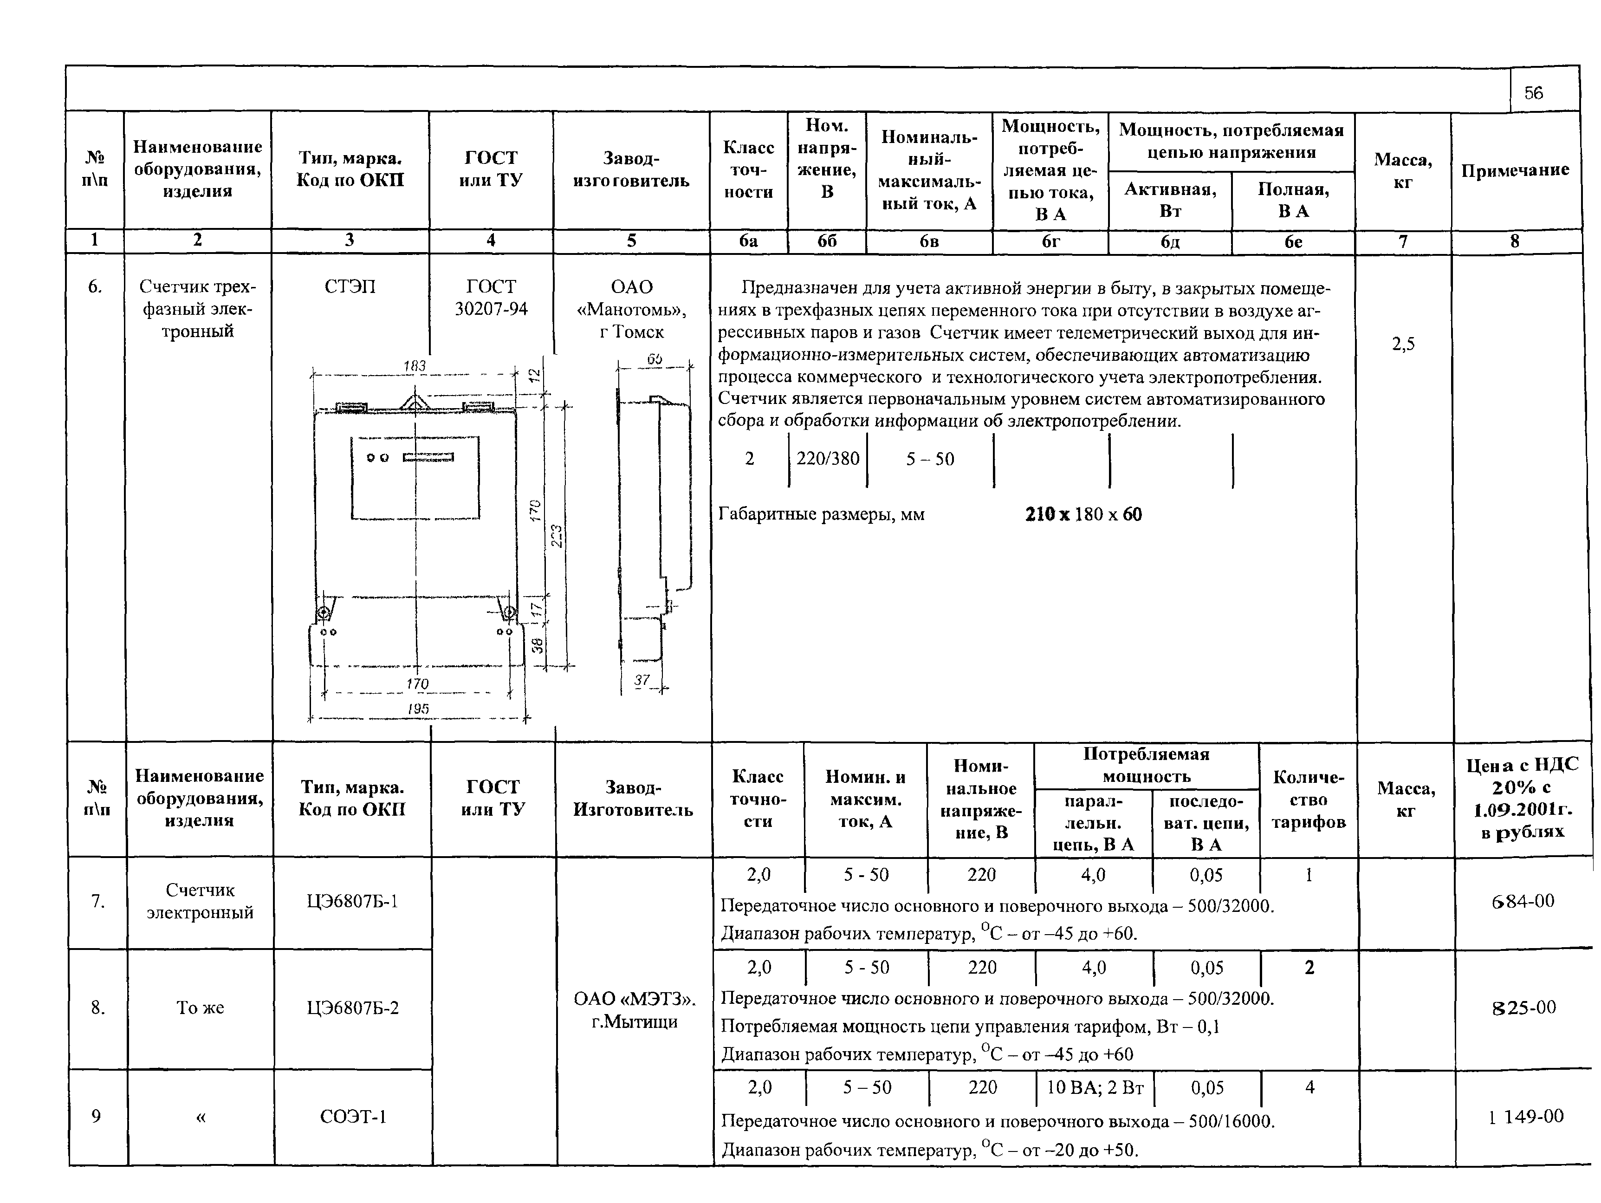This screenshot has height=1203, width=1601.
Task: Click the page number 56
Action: coord(1533,93)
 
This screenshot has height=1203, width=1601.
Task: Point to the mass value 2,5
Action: coord(1403,345)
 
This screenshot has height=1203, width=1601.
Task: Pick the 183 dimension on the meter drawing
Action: coord(414,366)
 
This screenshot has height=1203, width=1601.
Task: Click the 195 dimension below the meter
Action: coord(418,709)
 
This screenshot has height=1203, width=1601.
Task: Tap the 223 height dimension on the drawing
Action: coord(557,536)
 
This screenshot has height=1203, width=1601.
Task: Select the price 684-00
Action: coord(1523,901)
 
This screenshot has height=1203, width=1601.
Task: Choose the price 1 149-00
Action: coord(1526,1116)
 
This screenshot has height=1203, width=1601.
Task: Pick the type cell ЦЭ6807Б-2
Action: coord(352,1008)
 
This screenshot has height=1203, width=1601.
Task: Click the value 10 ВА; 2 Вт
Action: coord(1095,1087)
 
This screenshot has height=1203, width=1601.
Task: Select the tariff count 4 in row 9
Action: coord(1309,1087)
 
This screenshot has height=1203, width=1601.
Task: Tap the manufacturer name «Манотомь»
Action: coord(631,310)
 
